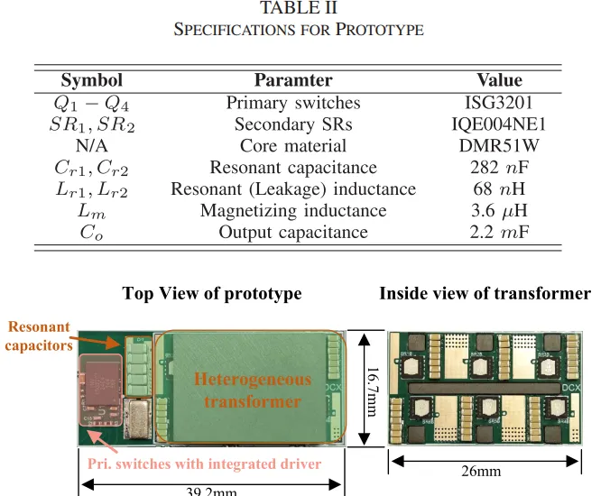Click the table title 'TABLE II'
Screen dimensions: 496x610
coord(298,9)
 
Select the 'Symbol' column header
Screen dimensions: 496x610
coord(91,80)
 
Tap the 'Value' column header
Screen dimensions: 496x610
coord(499,80)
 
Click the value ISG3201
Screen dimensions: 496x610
coord(499,103)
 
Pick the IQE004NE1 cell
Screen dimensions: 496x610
coord(499,124)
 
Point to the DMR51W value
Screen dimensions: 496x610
coord(499,146)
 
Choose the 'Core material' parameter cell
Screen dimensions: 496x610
coord(293,146)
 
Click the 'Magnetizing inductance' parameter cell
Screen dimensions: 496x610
coord(293,211)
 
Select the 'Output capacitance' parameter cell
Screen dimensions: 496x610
coord(293,233)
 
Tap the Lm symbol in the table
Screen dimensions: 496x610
coord(91,211)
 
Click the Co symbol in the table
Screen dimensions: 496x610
coord(91,233)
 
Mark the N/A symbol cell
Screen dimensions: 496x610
coord(91,146)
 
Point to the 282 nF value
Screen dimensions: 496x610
coord(499,168)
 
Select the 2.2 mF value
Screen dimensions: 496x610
coord(499,233)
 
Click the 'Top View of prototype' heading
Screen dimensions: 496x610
coord(212,294)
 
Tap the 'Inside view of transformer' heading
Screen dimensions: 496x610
coord(485,294)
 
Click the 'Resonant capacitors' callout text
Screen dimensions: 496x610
coord(39,335)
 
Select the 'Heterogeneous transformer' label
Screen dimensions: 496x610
coord(253,390)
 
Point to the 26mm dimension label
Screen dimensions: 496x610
coord(482,471)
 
